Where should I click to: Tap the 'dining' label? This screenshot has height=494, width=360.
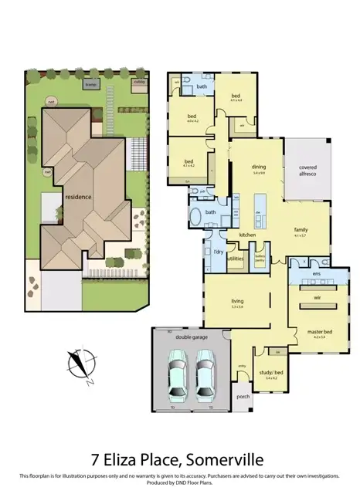[259, 167]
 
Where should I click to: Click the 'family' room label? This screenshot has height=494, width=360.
[300, 230]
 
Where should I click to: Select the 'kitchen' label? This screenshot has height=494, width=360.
[247, 234]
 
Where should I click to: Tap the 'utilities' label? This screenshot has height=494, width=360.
[236, 259]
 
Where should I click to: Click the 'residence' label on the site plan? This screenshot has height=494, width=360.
[78, 196]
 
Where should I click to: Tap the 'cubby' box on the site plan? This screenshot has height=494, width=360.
[139, 82]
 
